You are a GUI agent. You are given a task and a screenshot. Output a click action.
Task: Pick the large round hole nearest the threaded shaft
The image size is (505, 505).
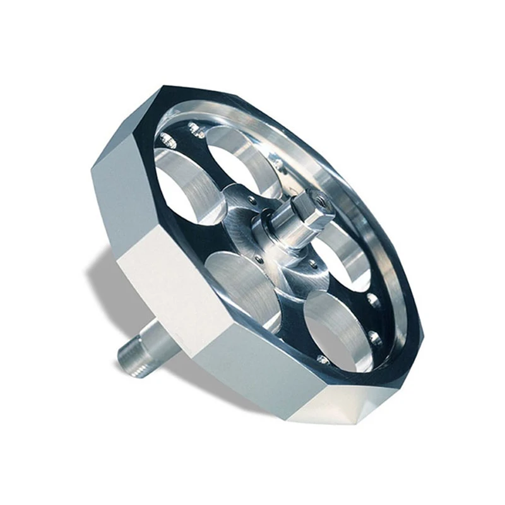coord(243,284)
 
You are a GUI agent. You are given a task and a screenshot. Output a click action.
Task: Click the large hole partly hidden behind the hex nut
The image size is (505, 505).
coord(341,252)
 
